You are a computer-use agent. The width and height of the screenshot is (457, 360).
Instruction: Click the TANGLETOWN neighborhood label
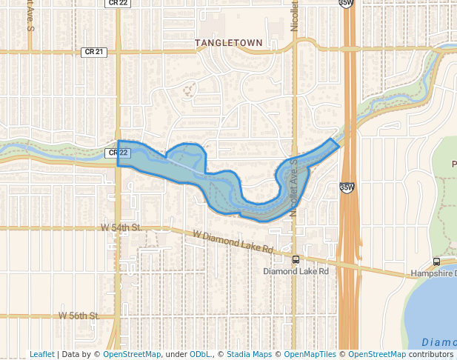click(229, 43)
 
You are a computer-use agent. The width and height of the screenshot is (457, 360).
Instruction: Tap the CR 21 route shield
click(91, 52)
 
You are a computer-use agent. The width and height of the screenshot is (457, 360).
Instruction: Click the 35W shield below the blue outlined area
click(346, 188)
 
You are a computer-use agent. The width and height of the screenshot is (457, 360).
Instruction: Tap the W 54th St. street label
click(121, 228)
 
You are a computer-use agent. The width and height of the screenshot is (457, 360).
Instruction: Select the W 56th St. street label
click(80, 316)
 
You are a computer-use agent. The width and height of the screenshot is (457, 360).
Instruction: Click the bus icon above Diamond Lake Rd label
click(296, 259)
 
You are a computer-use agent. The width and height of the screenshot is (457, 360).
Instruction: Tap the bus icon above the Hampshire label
click(436, 261)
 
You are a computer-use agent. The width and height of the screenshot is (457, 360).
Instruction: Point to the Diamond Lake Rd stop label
click(295, 271)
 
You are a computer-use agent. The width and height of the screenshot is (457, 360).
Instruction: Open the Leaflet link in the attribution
click(41, 354)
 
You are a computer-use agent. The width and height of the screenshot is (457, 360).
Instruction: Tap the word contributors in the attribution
click(431, 354)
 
